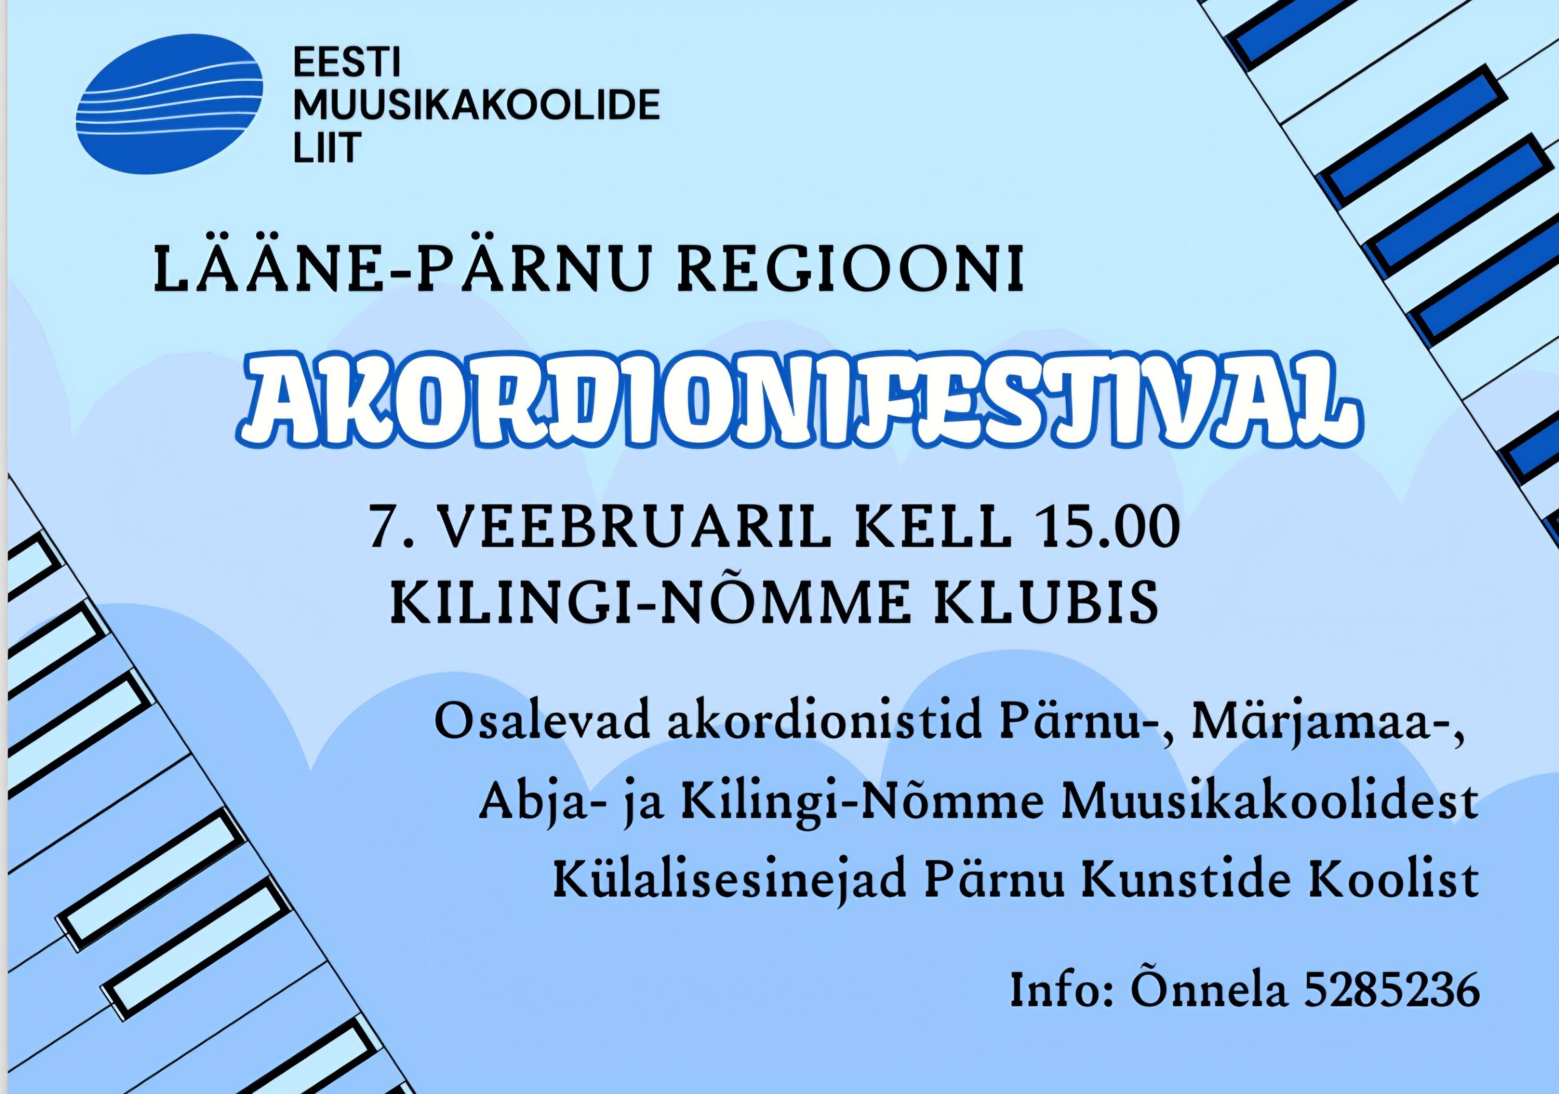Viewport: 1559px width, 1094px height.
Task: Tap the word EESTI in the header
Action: [347, 63]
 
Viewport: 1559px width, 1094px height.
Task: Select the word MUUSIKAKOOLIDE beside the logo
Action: [477, 106]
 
